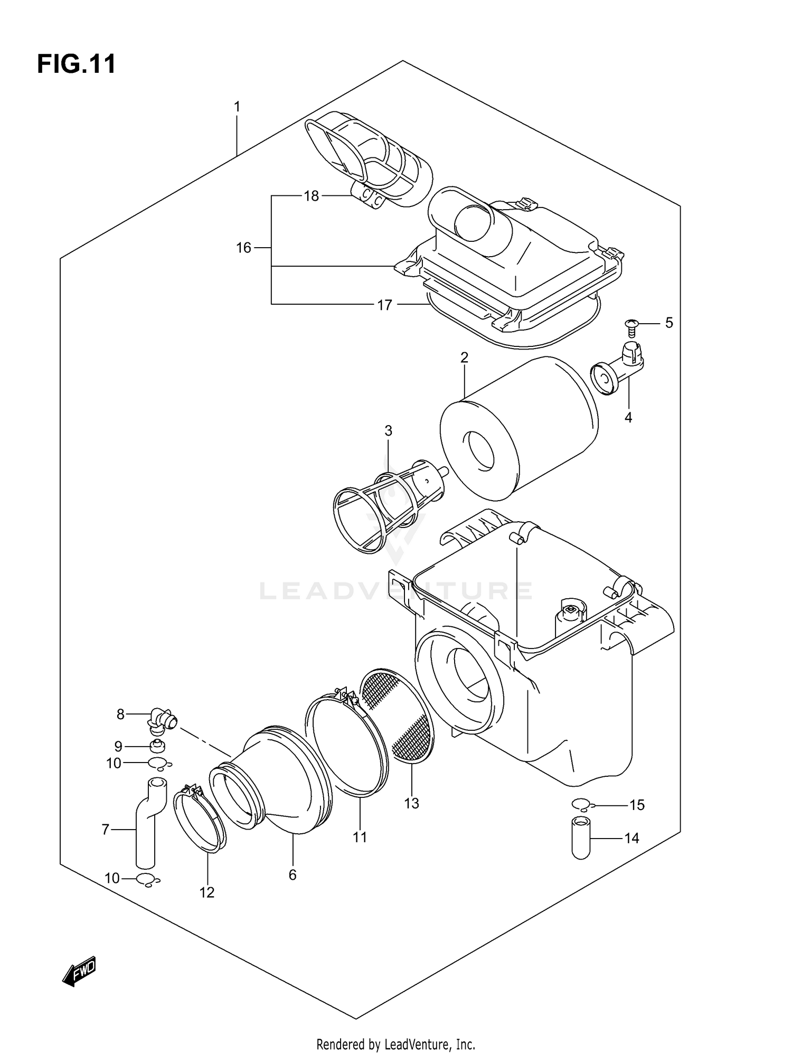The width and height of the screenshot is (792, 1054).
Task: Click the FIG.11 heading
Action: (x=77, y=64)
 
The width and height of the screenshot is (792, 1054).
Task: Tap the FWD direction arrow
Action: (x=79, y=971)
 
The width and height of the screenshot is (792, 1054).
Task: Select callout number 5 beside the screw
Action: (x=669, y=323)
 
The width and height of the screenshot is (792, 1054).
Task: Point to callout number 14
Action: (x=632, y=838)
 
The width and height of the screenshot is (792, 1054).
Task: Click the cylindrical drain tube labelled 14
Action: (x=581, y=838)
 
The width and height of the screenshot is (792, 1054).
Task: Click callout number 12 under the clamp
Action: (x=207, y=892)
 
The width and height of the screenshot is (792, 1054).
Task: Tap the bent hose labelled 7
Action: (x=145, y=824)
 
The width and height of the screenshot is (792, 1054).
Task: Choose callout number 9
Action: (x=118, y=746)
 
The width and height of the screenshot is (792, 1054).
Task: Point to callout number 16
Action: (x=243, y=248)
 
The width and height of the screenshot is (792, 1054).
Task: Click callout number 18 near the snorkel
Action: (x=312, y=196)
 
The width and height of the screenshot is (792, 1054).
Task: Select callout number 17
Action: (x=385, y=305)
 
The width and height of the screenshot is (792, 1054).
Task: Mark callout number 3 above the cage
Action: (x=388, y=431)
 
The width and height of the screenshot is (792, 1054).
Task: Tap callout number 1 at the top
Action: (x=237, y=107)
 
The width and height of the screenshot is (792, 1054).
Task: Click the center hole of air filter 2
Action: (x=479, y=451)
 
